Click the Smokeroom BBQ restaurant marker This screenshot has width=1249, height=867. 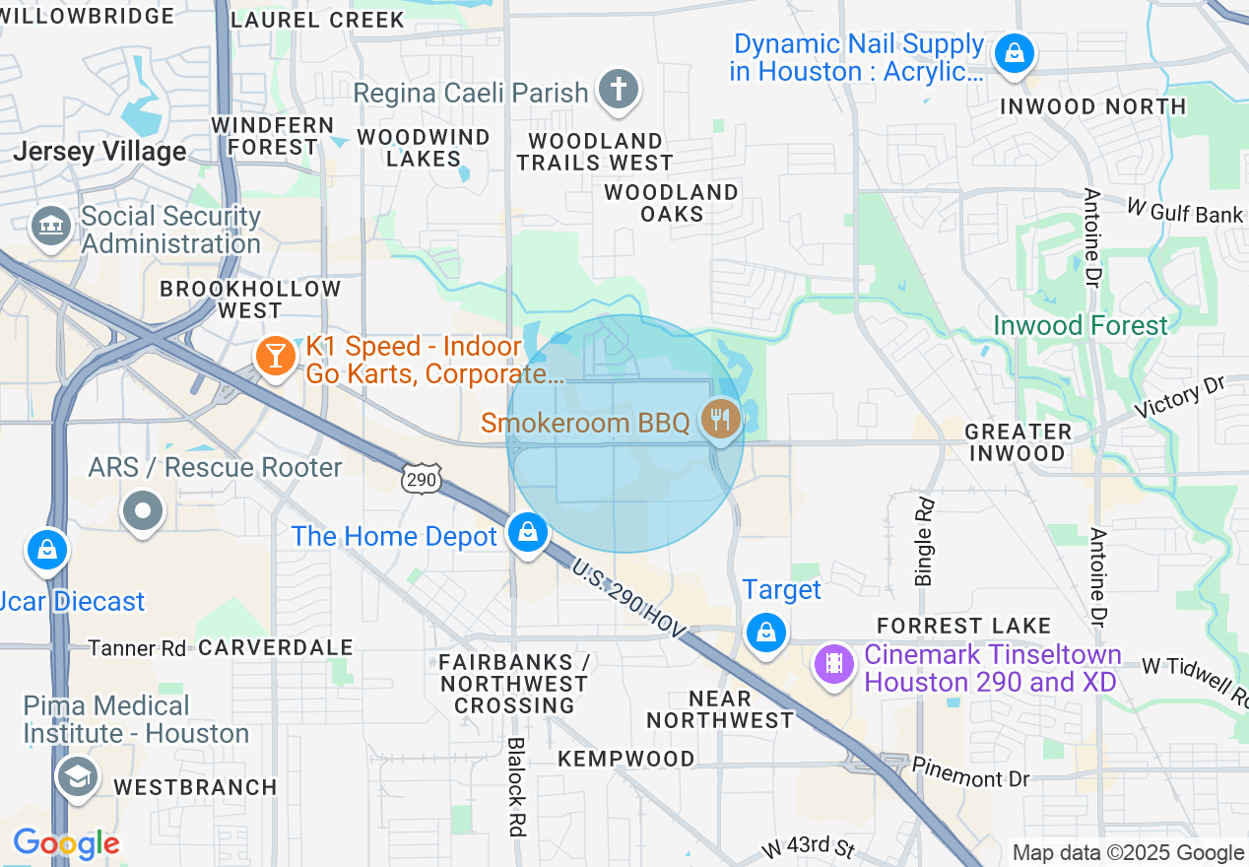(x=721, y=421)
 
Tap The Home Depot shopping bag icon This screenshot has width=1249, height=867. (x=528, y=533)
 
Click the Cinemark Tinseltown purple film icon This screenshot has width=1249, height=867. (x=833, y=663)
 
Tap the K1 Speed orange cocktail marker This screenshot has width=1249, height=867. (x=274, y=356)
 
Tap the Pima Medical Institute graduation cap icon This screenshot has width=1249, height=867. (x=77, y=776)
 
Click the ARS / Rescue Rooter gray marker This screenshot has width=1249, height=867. (x=144, y=510)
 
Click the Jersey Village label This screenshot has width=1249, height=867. (x=99, y=152)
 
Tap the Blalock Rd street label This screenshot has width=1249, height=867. (x=514, y=786)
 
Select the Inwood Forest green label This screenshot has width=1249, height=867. (x=1081, y=325)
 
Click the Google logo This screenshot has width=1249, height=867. (x=66, y=844)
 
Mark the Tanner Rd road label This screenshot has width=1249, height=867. (x=137, y=648)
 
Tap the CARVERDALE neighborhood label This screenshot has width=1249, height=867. (x=276, y=647)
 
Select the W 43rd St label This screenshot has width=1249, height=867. (x=808, y=848)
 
